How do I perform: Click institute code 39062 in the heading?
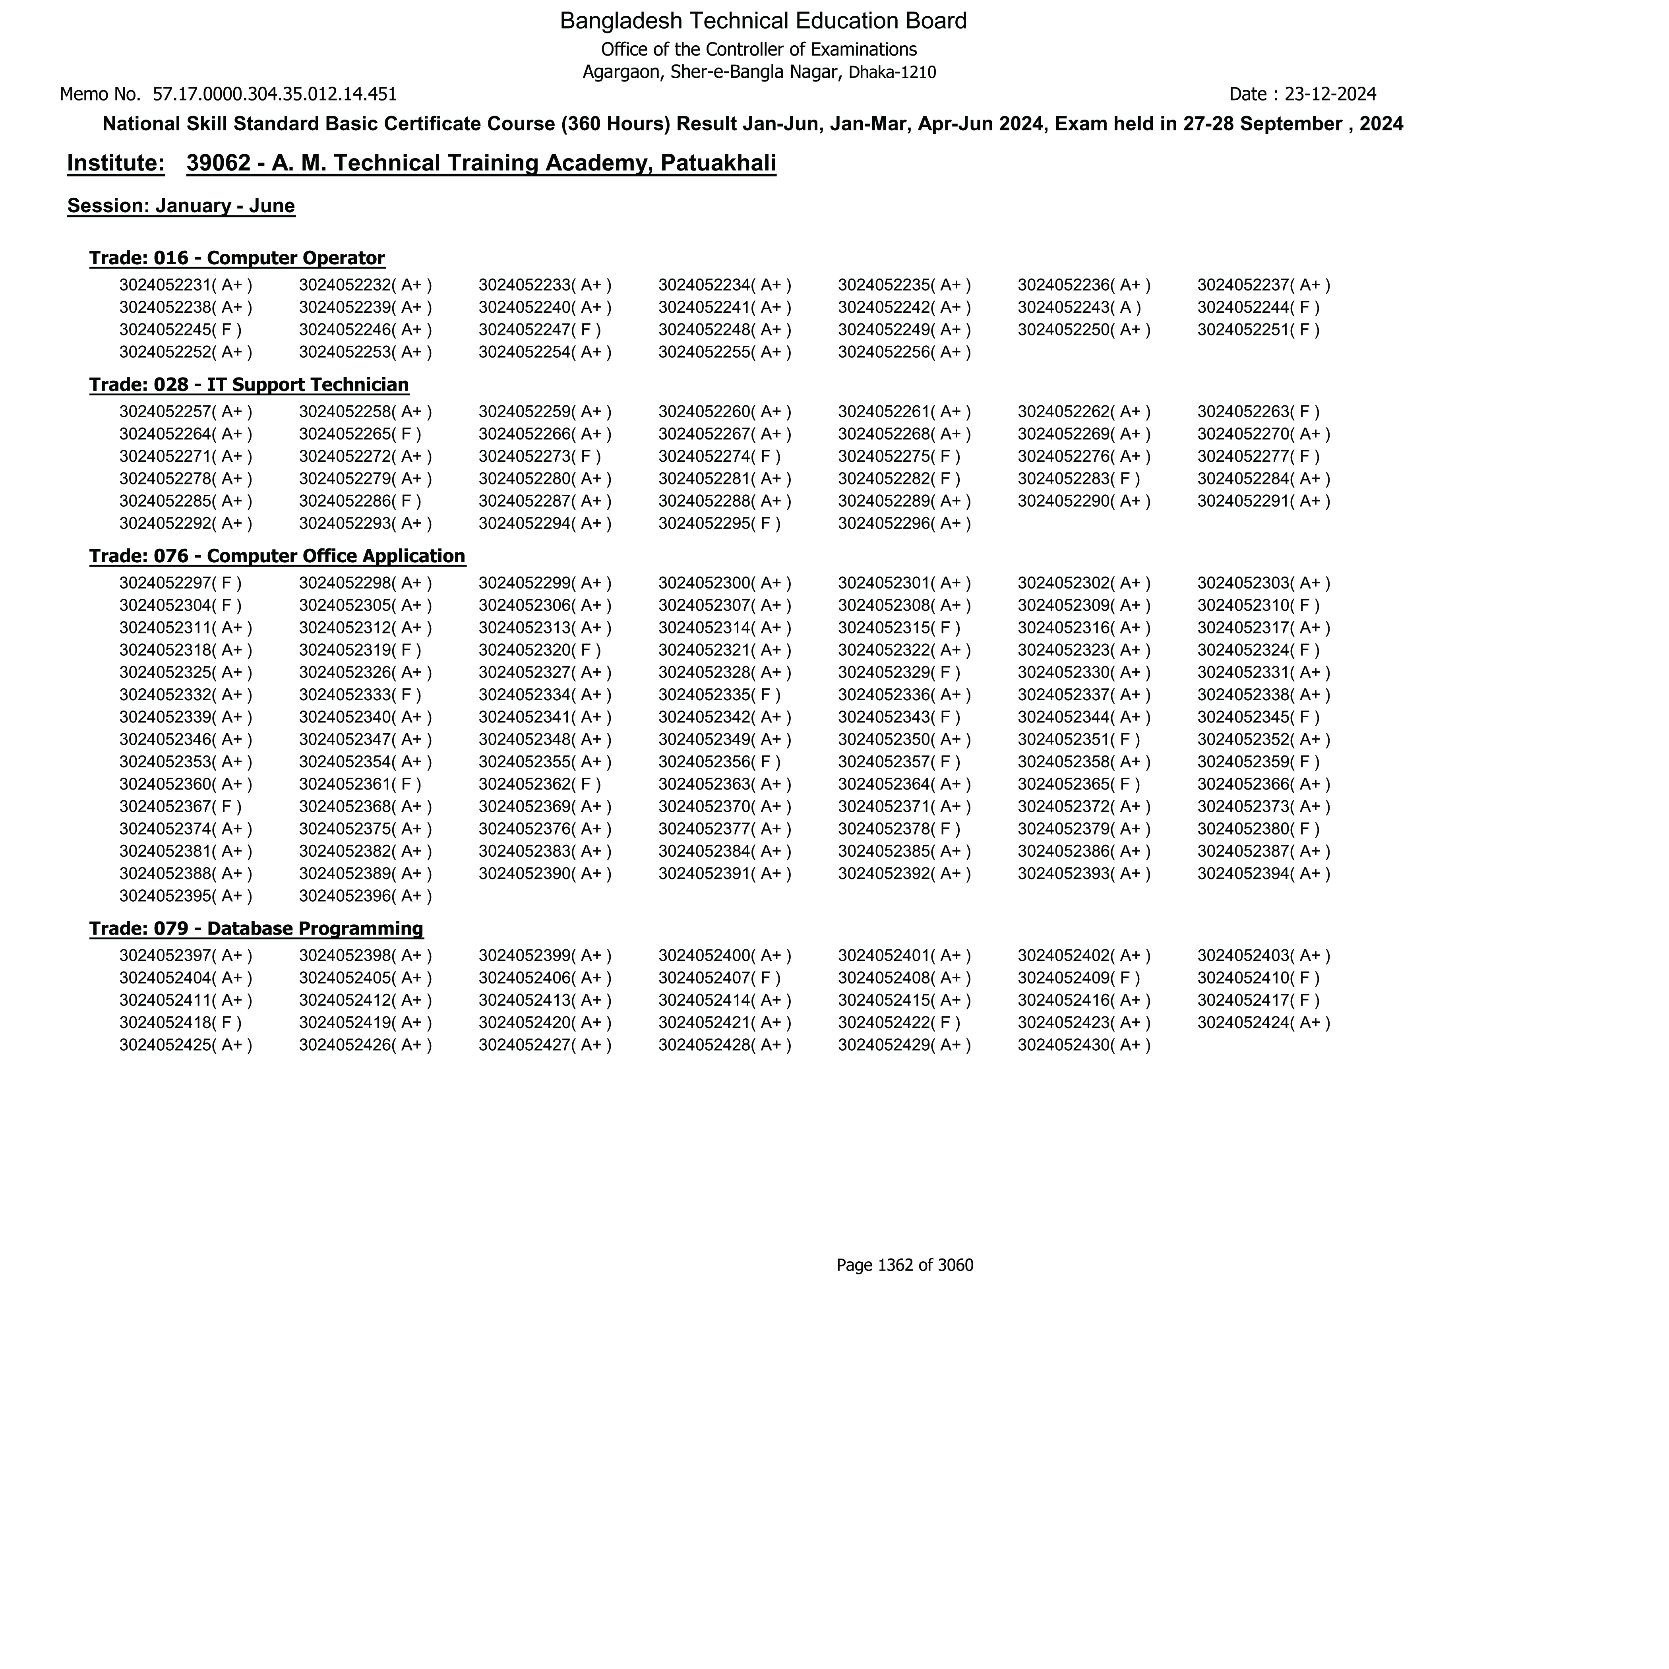click(218, 163)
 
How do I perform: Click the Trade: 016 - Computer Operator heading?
click(237, 258)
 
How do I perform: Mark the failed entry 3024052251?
click(1258, 330)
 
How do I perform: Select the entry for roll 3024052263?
click(1258, 412)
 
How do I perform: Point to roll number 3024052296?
click(904, 523)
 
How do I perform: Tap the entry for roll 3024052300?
click(724, 583)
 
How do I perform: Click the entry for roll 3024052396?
click(364, 896)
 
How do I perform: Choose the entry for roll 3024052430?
click(1083, 1045)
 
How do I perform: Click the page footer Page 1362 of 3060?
click(904, 1266)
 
